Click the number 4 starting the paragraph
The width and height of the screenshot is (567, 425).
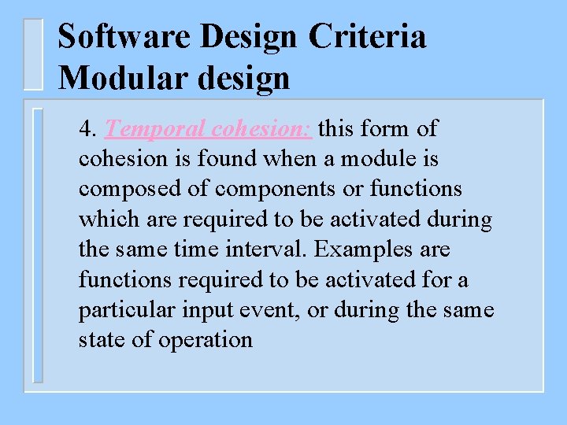[87, 128]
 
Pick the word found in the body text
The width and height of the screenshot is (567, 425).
[227, 159]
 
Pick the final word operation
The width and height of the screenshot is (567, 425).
[206, 340]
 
